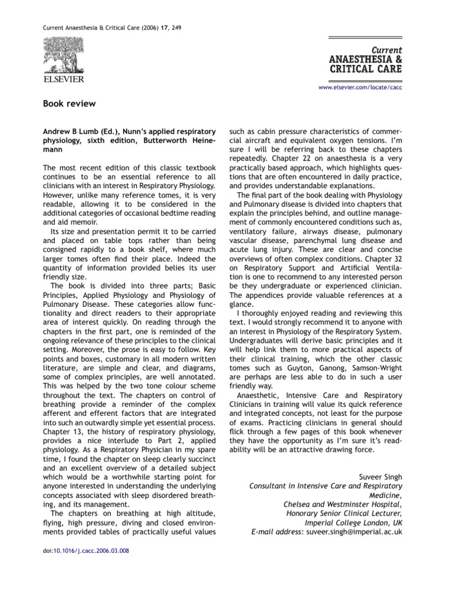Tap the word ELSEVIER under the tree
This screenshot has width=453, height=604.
pyautogui.click(x=63, y=78)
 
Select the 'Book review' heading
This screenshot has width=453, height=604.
pyautogui.click(x=69, y=104)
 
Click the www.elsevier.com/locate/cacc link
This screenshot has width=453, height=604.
pyautogui.click(x=360, y=87)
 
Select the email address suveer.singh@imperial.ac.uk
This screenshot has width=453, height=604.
pyautogui.click(x=353, y=531)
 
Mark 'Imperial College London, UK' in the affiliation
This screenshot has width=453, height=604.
pyautogui.click(x=353, y=522)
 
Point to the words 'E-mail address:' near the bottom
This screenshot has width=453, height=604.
pyautogui.click(x=277, y=531)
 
